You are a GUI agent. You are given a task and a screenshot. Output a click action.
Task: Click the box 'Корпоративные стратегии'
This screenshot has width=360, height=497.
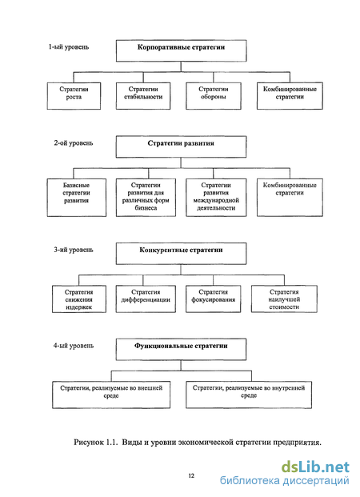182,50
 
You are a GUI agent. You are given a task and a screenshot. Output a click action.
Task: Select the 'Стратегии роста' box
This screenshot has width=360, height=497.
74,96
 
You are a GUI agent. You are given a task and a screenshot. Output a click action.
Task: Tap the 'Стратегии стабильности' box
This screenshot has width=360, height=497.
143,96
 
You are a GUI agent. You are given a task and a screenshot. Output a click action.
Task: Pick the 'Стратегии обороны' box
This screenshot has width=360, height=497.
214,96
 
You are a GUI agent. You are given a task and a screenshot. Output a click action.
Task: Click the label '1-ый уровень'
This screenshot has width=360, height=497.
69,47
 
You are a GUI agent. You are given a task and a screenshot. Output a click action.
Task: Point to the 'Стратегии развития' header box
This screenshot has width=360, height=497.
182,146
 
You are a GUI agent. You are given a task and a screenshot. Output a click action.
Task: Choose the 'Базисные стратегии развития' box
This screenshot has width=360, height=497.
77,198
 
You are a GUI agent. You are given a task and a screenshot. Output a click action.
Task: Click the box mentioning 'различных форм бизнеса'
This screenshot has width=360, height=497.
146,198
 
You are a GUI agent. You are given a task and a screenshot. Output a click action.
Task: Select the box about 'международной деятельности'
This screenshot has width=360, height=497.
216,198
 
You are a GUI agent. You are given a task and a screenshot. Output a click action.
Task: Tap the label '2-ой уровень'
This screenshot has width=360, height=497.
74,143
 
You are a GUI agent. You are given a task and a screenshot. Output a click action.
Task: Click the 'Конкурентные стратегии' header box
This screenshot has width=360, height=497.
182,254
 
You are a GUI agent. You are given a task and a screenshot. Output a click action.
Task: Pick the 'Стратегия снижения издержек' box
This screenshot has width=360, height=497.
79,299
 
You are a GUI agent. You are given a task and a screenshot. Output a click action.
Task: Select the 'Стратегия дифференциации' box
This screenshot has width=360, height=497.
146,299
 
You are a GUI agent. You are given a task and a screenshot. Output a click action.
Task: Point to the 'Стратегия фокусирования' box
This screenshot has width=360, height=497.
214,299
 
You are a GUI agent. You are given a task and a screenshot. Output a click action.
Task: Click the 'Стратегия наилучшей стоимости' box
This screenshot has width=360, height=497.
284,299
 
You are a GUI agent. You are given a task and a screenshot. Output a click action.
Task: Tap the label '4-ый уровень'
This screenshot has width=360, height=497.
74,346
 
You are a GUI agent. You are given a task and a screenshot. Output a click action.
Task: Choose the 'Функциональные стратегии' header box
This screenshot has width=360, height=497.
182,349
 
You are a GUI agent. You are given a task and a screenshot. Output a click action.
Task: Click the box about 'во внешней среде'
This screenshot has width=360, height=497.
111,395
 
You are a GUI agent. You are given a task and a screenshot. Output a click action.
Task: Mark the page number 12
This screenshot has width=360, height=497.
191,475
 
